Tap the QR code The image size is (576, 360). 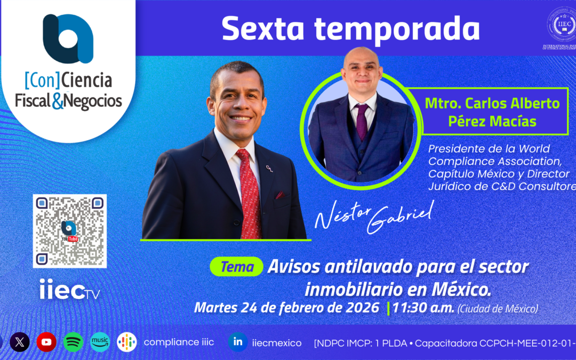click(70, 231)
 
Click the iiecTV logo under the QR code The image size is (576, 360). click(70, 291)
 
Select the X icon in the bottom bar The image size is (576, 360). click(20, 342)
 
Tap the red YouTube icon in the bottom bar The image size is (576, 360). click(46, 342)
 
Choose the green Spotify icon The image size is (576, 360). click(73, 342)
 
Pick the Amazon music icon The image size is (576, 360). click(100, 342)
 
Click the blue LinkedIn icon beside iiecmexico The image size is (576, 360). click(237, 342)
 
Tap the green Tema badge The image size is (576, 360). click(236, 267)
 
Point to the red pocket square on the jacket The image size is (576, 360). click(279, 195)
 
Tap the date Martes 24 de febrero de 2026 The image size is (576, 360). click(287, 308)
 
